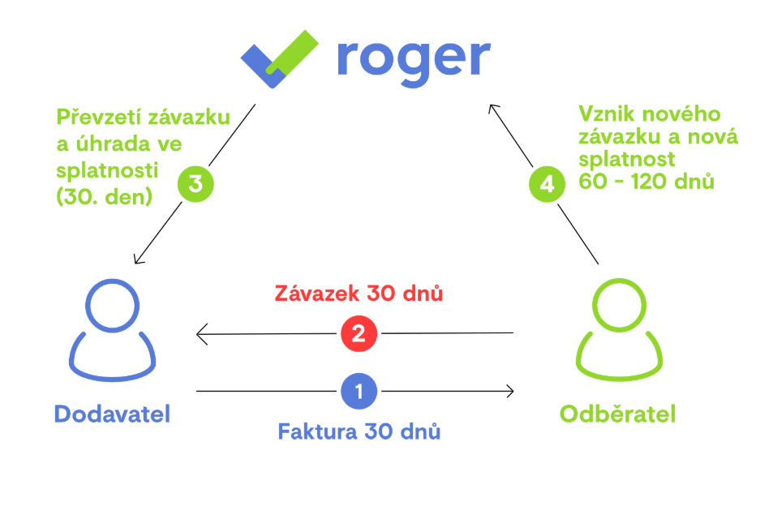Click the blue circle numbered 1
(x=359, y=391)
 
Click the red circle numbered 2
(x=359, y=332)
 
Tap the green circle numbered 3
(x=195, y=183)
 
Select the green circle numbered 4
(x=547, y=183)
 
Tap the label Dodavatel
(x=112, y=414)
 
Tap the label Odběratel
(x=617, y=414)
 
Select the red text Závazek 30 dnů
(x=359, y=294)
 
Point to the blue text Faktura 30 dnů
(x=359, y=431)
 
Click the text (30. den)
(x=105, y=196)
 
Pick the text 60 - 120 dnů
(x=646, y=181)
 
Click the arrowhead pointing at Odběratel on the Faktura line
(x=510, y=391)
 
